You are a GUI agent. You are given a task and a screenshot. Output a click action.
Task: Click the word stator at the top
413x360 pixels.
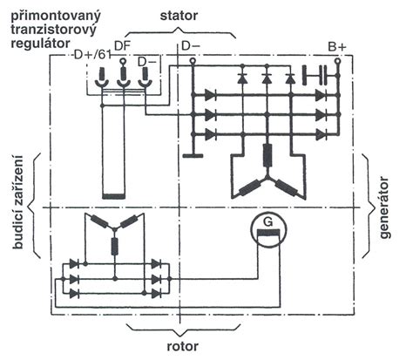pos(179,16)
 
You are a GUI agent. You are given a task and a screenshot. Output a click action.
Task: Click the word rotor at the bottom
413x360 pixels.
pos(183,346)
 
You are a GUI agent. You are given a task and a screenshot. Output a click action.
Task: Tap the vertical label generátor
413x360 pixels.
pos(385,207)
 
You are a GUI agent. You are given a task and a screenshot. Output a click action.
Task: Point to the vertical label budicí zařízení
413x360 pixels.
pos(17,202)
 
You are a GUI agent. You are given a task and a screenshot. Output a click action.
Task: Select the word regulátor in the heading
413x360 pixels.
pos(40,44)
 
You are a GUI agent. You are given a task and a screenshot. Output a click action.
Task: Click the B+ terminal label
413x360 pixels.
pos(337,47)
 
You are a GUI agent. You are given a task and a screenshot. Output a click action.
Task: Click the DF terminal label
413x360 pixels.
pos(122,46)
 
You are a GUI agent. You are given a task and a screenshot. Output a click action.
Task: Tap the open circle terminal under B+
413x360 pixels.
pos(337,61)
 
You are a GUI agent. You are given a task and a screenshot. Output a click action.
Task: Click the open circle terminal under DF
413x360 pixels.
pos(124,61)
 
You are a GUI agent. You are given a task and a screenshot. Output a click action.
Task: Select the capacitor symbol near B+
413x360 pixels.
pos(315,75)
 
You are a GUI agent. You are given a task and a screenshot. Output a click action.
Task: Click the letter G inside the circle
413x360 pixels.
pos(268,222)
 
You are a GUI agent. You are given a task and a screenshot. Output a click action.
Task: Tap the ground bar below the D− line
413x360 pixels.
pos(193,156)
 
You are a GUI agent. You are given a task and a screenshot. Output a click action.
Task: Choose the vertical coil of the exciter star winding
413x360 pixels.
pos(115,246)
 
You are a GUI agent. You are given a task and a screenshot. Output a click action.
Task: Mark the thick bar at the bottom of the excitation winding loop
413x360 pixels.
pos(114,196)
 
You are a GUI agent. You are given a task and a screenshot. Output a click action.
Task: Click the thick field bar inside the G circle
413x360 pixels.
pos(269,233)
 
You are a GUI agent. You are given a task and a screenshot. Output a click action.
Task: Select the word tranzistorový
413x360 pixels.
pos(53,31)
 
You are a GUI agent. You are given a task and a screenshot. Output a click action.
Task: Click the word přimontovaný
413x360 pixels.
pos(56,17)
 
